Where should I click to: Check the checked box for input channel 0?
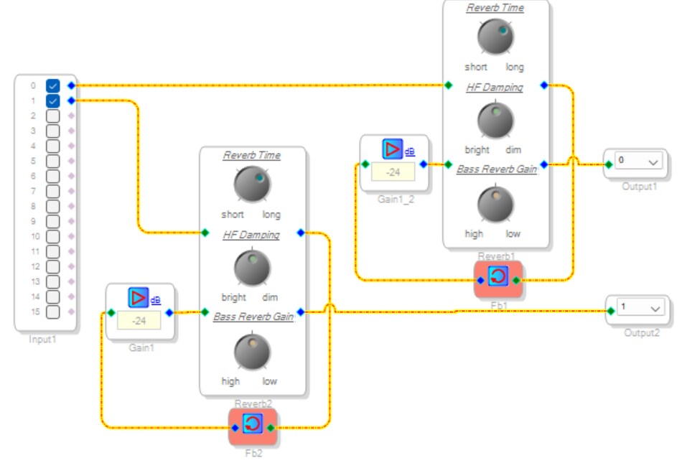[52, 85]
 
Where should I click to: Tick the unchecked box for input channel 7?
[52, 191]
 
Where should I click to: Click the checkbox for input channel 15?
[52, 312]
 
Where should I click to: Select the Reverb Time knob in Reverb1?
[495, 37]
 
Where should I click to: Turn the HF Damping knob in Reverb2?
[252, 268]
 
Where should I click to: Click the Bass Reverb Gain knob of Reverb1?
[495, 205]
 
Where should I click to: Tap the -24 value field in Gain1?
[139, 321]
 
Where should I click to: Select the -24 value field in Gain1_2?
[393, 172]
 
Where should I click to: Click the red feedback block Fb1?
[498, 279]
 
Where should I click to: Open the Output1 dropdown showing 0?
[638, 161]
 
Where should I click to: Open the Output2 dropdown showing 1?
[640, 308]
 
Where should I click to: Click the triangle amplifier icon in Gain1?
[139, 298]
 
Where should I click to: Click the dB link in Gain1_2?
[410, 151]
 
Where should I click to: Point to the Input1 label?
[42, 339]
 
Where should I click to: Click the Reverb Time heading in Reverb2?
[252, 155]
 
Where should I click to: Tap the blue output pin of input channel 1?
[71, 101]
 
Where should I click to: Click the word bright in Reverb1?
[477, 150]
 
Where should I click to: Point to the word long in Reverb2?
[271, 215]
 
